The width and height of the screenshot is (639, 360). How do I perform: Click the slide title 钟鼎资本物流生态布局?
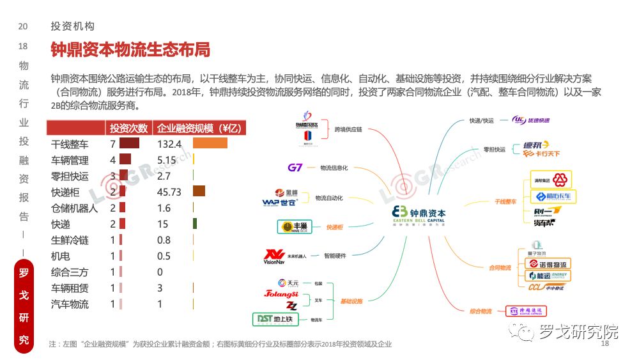point(130,49)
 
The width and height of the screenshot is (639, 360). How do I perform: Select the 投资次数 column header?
point(128,128)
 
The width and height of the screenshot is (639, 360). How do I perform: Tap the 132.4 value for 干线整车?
point(169,144)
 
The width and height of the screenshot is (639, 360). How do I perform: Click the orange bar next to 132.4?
point(210,143)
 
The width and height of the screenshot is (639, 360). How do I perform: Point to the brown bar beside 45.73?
point(199,191)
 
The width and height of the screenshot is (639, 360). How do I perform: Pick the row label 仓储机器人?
point(74,208)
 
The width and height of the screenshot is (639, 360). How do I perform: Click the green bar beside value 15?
point(194,224)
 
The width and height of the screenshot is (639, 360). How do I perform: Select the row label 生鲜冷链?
point(70,240)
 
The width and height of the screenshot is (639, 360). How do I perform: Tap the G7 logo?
point(295,168)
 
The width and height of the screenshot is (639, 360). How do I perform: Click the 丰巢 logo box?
point(295,227)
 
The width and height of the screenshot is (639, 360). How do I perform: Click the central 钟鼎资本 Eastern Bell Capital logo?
point(419,215)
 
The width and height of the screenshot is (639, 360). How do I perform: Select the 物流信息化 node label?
point(334,168)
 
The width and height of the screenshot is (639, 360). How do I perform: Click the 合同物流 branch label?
point(500,267)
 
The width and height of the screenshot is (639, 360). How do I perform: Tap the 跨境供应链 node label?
point(348,129)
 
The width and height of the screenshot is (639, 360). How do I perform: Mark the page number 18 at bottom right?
point(605,344)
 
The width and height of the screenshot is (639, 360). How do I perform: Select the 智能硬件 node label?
point(335,256)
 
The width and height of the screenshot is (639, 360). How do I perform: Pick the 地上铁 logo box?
point(276,319)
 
